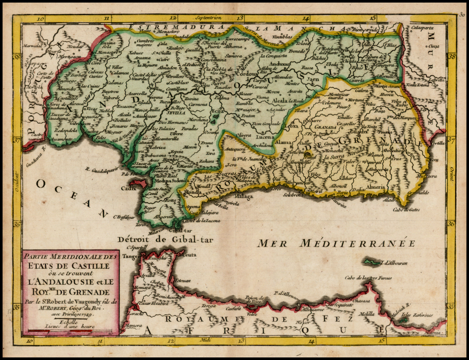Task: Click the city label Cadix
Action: point(129,188)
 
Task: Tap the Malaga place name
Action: point(244,196)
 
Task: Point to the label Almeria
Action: point(377,187)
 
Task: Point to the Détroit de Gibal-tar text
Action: point(165,240)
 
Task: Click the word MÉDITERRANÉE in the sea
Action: point(357,243)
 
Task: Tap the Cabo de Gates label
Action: point(408,210)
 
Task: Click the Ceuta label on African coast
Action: point(190,255)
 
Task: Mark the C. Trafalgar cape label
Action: point(123,217)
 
